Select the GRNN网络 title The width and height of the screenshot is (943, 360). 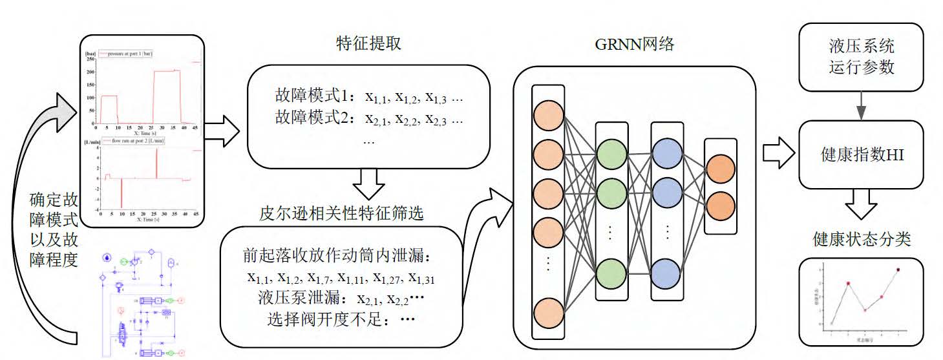pos(634,44)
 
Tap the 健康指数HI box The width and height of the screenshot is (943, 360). pos(861,154)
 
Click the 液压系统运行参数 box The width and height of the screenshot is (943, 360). pos(861,57)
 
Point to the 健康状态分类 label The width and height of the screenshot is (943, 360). pos(862,239)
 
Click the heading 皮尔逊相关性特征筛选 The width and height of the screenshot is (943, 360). pos(342,213)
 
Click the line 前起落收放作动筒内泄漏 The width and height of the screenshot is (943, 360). pos(343,256)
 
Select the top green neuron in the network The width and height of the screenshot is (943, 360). pos(611,154)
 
